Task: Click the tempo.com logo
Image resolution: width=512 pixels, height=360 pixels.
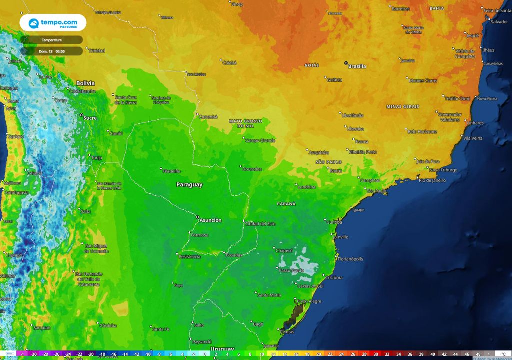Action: tap(53, 23)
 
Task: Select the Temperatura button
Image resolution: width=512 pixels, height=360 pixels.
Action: tap(51, 40)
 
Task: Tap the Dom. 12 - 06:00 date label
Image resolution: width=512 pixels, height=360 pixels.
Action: tap(51, 51)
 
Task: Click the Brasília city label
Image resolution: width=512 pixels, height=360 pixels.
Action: tap(357, 66)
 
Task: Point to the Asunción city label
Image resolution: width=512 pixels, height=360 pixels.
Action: tap(210, 220)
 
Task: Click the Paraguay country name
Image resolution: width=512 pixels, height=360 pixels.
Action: tap(189, 185)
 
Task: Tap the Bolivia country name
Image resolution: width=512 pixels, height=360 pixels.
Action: tap(85, 83)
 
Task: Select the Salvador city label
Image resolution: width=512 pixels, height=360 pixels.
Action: tap(499, 22)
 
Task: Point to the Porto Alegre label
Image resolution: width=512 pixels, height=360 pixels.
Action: tap(309, 301)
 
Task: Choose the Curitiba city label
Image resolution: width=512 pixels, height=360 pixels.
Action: tap(338, 221)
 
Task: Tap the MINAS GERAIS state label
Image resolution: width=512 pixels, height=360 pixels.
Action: tap(402, 107)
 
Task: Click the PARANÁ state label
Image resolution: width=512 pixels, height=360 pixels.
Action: tap(286, 204)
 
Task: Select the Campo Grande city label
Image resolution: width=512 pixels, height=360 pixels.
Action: tap(260, 141)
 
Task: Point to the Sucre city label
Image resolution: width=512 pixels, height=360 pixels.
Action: tap(90, 118)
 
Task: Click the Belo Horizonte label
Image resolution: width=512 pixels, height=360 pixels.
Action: tap(422, 132)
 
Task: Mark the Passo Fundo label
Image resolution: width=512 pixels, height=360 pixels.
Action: tap(291, 270)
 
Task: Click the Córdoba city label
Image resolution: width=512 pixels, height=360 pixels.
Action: tap(108, 325)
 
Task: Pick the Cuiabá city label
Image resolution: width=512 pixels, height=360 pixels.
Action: tap(229, 63)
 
